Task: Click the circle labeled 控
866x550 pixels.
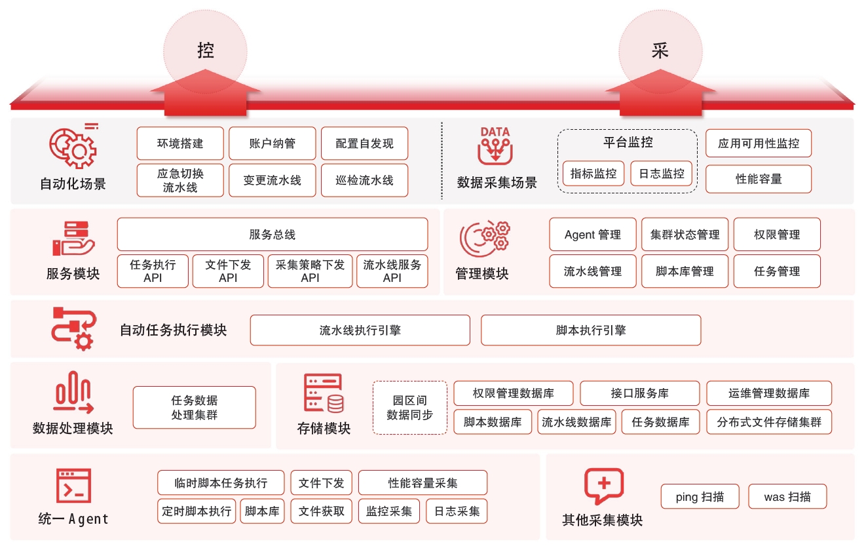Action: tap(205, 51)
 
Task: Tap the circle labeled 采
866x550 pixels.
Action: tap(660, 51)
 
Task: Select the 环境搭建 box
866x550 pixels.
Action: tap(180, 144)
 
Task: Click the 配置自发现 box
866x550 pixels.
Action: tap(364, 144)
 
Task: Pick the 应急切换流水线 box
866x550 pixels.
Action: tap(180, 180)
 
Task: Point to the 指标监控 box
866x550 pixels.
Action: tap(593, 174)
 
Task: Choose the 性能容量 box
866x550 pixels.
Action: tap(759, 179)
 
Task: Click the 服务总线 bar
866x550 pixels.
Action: tap(273, 235)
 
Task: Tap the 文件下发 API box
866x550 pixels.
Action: tap(228, 271)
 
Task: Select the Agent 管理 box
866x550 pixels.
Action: tap(593, 235)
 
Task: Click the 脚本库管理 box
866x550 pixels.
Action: tap(685, 271)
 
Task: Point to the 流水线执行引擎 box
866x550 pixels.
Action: tap(360, 330)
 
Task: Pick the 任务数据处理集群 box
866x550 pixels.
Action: tap(195, 408)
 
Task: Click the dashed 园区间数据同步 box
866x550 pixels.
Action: tap(410, 407)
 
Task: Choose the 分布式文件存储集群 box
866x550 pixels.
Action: tap(769, 422)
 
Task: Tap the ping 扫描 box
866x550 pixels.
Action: tap(700, 497)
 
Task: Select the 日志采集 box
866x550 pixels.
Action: tap(457, 511)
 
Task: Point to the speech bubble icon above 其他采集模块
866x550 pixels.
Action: tap(603, 486)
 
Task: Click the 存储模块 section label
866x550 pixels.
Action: tap(324, 429)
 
